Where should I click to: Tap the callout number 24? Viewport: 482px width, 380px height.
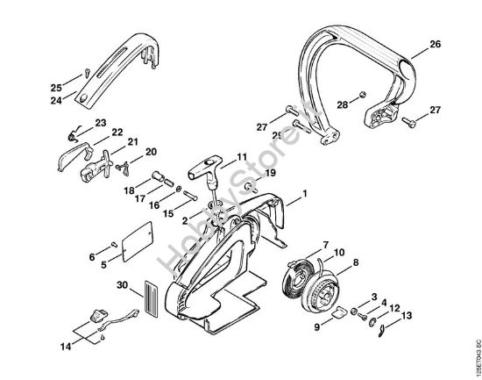pyautogui.click(x=56, y=101)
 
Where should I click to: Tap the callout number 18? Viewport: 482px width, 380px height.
pyautogui.click(x=129, y=190)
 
